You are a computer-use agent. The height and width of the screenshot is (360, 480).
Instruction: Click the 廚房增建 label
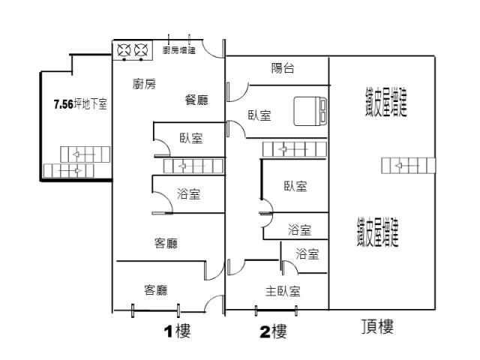coord(178,51)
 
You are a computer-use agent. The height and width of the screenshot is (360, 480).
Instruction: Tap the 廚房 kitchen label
coord(144,84)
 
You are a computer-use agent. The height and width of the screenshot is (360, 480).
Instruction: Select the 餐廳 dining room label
coord(196,100)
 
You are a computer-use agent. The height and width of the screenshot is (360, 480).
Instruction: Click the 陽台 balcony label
coord(282,69)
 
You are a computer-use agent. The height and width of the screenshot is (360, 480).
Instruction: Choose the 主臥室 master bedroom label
coord(283,291)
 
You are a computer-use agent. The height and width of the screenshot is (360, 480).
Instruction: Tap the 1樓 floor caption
coord(177,331)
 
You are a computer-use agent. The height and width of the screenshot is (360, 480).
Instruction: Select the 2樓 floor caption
coord(274,331)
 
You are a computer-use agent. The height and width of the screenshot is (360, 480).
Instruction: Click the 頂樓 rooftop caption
coord(376,327)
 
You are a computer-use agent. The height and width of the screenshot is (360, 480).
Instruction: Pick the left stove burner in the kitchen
coord(124,51)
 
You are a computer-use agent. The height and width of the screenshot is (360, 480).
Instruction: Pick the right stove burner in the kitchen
coord(140,51)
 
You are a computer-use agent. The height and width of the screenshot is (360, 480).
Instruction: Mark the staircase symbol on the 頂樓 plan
coord(407,165)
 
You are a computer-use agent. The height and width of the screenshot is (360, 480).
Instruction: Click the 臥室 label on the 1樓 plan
coord(191,139)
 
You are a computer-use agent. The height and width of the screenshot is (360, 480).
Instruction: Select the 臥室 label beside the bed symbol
coord(259,115)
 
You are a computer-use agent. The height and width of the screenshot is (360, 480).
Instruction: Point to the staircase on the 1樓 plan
coord(193,166)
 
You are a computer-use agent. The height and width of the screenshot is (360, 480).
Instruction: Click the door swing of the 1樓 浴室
coord(162,201)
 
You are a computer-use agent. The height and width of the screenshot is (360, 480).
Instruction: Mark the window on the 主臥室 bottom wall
coord(276,309)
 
